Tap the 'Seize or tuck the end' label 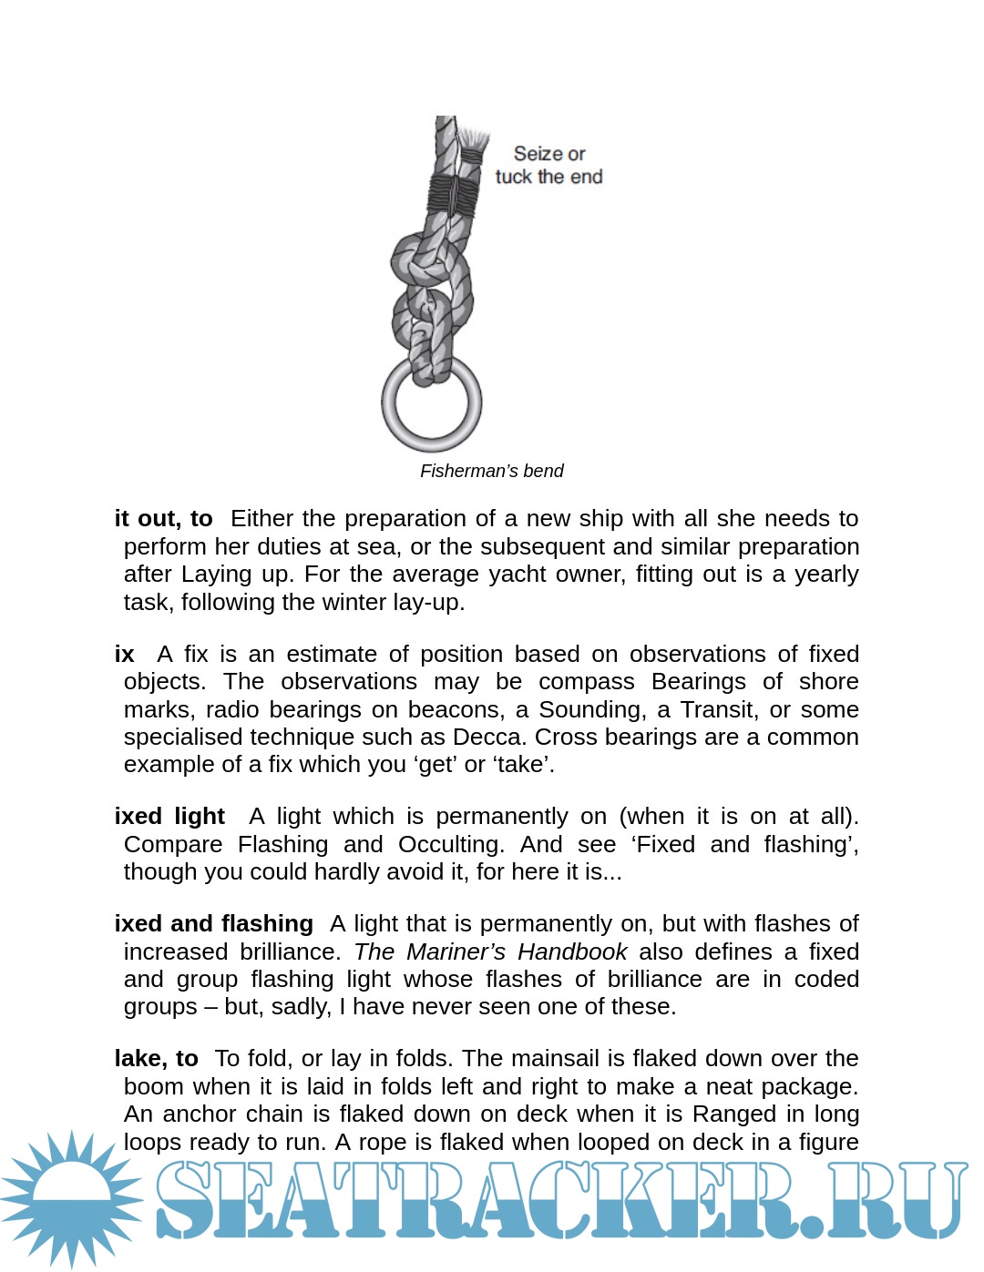tap(548, 166)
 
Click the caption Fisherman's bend tap(491, 471)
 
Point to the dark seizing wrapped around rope tap(453, 193)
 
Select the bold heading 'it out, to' tap(163, 518)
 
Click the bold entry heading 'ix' tap(125, 654)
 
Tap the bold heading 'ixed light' tap(169, 816)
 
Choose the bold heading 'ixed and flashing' tap(213, 923)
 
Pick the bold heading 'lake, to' tap(156, 1058)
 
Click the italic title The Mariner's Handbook tap(490, 951)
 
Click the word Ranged tap(729, 1114)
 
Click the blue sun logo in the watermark tap(71, 1197)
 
